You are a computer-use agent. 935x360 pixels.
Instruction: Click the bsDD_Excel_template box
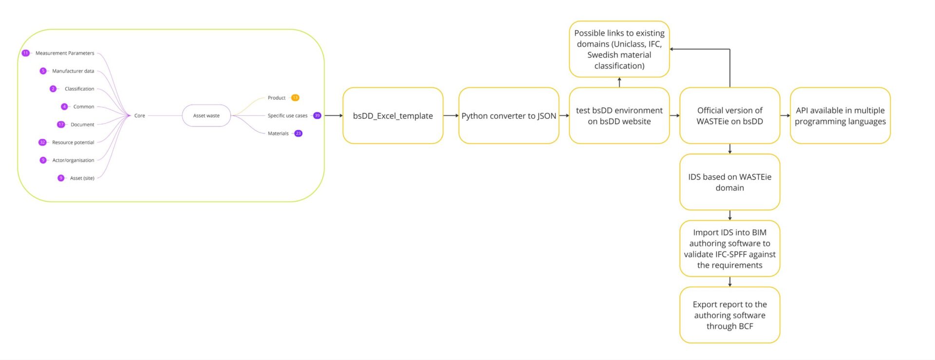[393, 115]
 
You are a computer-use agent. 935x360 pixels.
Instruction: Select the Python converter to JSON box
[508, 115]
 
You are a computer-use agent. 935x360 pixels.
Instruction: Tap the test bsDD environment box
[619, 115]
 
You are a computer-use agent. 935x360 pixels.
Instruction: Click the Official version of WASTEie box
[729, 115]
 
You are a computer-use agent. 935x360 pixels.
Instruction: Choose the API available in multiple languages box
[840, 115]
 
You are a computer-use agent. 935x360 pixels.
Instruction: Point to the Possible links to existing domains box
[619, 49]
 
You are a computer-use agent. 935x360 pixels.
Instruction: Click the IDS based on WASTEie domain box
[729, 182]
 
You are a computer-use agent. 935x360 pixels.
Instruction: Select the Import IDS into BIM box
[729, 248]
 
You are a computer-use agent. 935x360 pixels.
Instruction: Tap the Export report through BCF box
[729, 315]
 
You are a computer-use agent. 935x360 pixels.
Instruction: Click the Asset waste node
[206, 115]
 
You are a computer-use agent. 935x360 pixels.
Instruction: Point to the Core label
[139, 115]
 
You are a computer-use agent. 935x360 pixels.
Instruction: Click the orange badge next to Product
[295, 98]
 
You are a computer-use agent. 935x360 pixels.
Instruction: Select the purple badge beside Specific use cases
[317, 115]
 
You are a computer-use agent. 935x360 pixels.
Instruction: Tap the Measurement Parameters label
[65, 53]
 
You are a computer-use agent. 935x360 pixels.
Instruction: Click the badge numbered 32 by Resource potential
[42, 142]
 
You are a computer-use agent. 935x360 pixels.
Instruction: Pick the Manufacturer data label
[73, 71]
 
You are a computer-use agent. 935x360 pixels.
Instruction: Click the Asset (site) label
[82, 178]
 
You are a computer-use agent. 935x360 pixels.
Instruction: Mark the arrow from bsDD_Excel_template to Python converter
[450, 115]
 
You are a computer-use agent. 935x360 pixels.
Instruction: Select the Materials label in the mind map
[278, 133]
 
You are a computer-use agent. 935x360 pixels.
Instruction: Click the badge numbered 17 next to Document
[61, 124]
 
